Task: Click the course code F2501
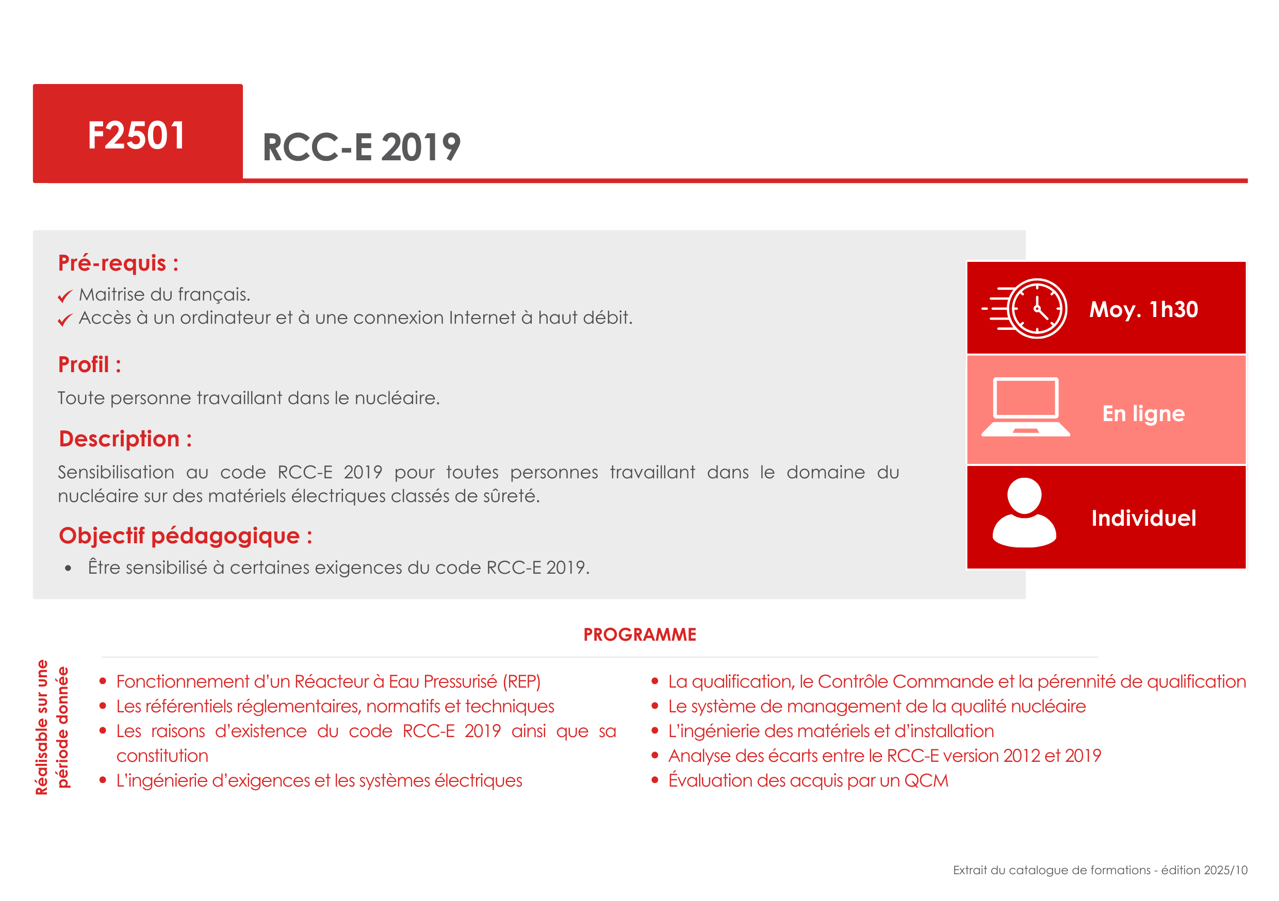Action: point(136,136)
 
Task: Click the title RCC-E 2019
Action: point(362,147)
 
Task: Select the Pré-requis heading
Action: point(118,263)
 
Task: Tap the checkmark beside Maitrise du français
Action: point(65,296)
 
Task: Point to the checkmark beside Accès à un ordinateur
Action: point(65,320)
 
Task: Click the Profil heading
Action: point(89,365)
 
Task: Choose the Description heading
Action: point(125,439)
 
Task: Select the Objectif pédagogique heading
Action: point(186,536)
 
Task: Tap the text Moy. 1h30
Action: point(1144,309)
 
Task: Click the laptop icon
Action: point(1026,407)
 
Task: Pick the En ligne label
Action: point(1144,414)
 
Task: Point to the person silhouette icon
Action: point(1024,513)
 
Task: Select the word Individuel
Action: point(1144,518)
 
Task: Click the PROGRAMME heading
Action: point(639,635)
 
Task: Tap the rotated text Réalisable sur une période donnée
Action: point(52,727)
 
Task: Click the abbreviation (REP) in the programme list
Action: point(521,681)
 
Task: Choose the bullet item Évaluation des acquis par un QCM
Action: point(808,780)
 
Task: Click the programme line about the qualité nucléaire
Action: point(877,706)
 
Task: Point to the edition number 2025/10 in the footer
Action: point(1225,870)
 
